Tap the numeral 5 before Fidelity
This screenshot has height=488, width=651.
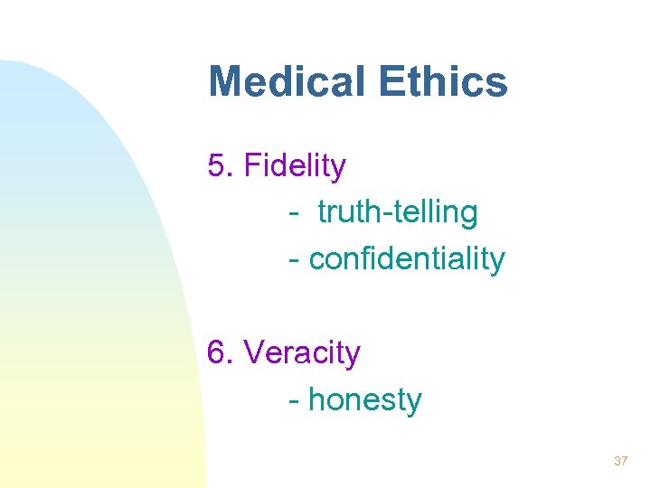coord(216,166)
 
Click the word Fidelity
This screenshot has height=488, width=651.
coord(295,166)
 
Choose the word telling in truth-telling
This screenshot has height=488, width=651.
coord(437,212)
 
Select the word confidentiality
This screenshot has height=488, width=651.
coord(407,258)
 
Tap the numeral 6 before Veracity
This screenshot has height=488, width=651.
coord(216,352)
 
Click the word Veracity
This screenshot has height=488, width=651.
coord(302,352)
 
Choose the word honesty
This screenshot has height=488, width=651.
coord(365,399)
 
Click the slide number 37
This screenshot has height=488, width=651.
coord(620,461)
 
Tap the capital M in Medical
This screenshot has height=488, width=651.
coord(226,81)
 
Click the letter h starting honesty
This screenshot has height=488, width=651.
coord(316,399)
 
